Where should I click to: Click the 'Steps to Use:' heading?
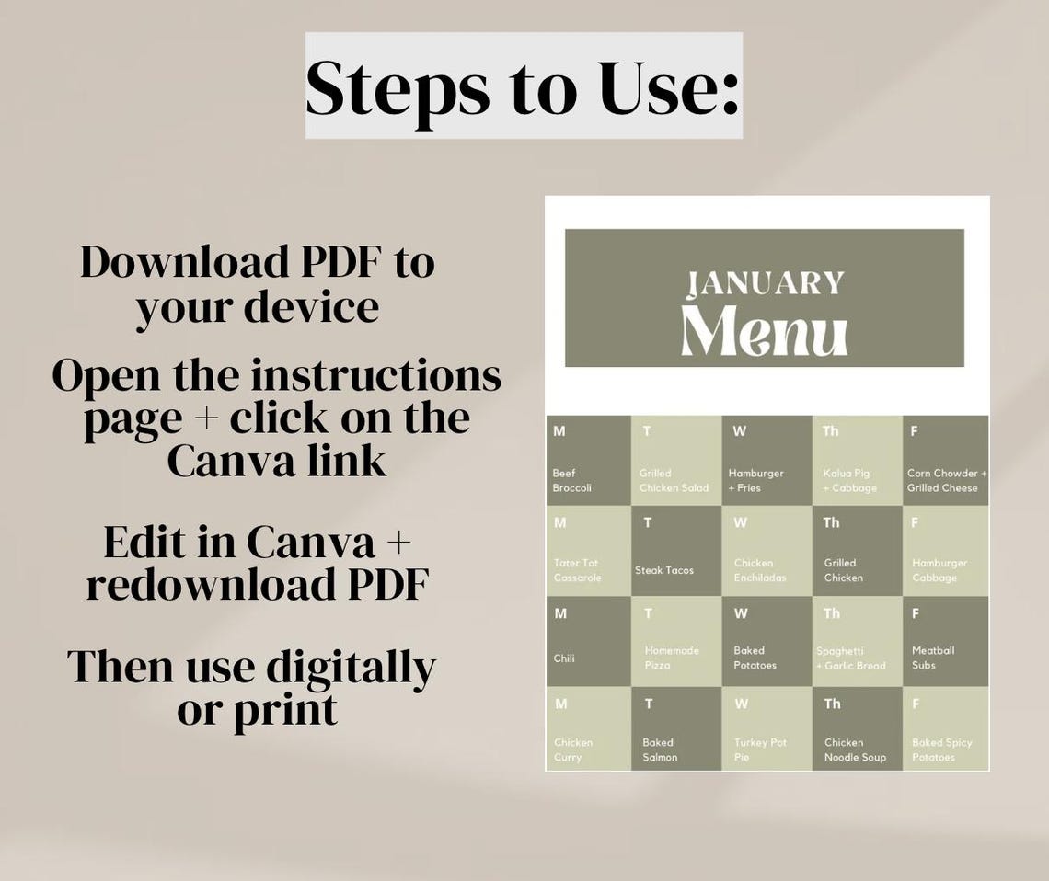[x=523, y=86]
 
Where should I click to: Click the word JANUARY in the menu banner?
[x=766, y=282]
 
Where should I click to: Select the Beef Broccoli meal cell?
[x=588, y=461]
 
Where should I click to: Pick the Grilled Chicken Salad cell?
[x=674, y=461]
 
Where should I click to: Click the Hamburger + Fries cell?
[x=766, y=461]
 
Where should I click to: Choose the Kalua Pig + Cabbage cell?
[x=856, y=461]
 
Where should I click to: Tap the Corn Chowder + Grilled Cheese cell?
[x=945, y=461]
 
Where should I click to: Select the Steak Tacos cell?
[x=675, y=551]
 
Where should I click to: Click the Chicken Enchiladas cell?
[x=766, y=551]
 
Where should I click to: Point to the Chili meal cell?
[x=588, y=641]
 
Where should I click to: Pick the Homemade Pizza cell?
[x=675, y=641]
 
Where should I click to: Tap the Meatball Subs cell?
[x=945, y=641]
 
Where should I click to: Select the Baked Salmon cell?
[x=675, y=728]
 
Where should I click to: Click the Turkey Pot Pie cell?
[x=766, y=728]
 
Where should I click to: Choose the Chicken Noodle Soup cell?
[x=856, y=728]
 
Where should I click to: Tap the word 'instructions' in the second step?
[x=375, y=376]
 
